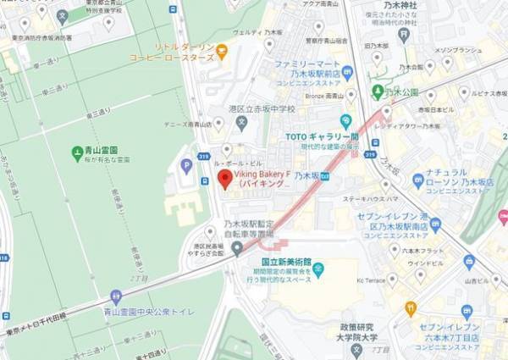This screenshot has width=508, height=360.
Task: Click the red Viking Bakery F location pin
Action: tap(224, 178)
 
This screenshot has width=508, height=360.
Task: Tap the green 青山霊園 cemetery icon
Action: tap(77, 153)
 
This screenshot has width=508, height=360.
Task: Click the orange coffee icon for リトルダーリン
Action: tap(222, 53)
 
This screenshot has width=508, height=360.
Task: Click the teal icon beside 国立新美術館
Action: tap(318, 270)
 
